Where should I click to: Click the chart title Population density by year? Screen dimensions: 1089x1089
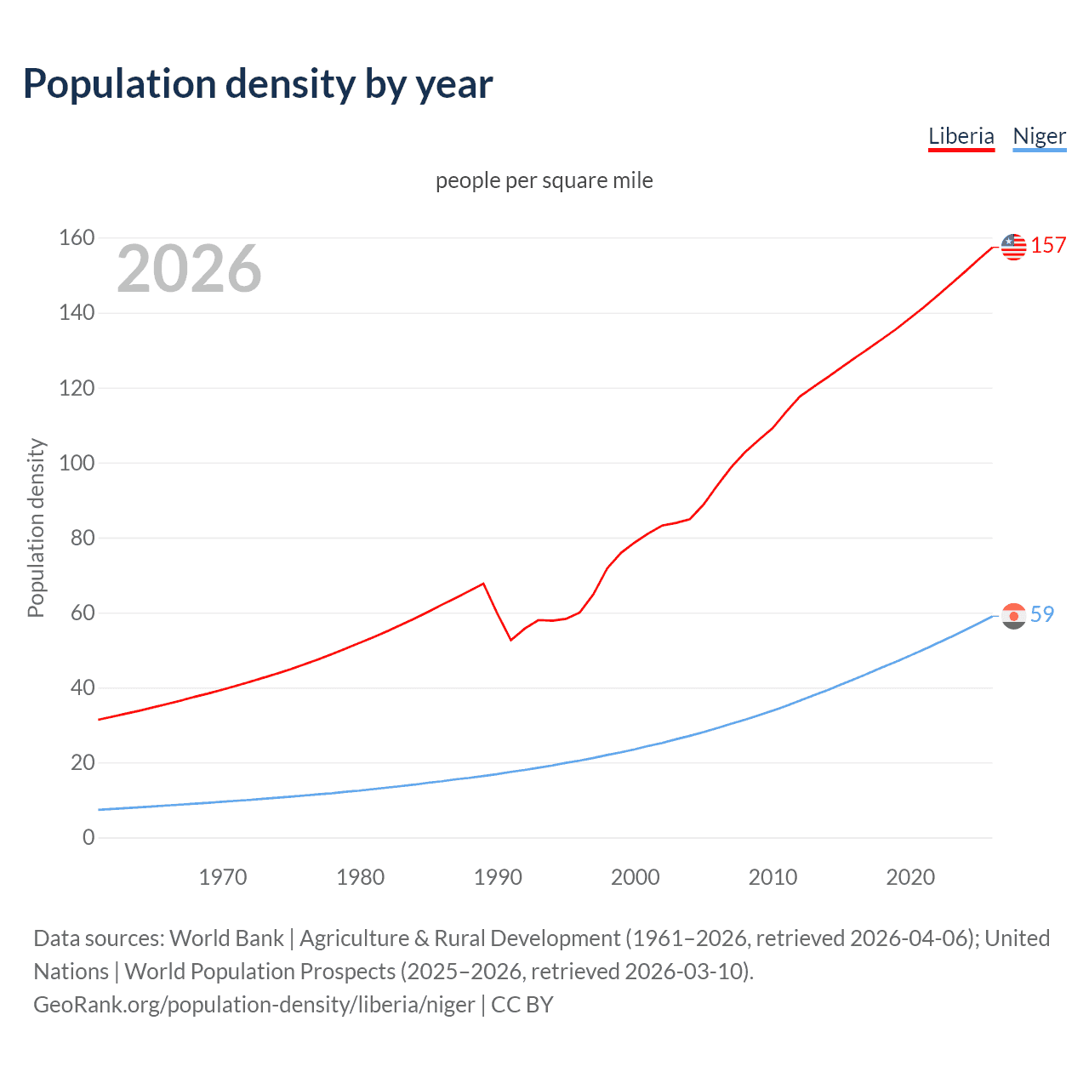pyautogui.click(x=258, y=84)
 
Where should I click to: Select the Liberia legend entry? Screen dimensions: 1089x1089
pyautogui.click(x=961, y=136)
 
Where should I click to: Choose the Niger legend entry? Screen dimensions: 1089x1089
pyautogui.click(x=1039, y=136)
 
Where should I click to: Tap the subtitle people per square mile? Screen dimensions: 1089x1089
pyautogui.click(x=544, y=180)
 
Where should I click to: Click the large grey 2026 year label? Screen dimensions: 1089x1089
pyautogui.click(x=189, y=269)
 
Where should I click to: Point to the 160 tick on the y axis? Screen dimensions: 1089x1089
pyautogui.click(x=77, y=237)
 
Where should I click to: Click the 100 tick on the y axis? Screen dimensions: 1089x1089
pyautogui.click(x=77, y=463)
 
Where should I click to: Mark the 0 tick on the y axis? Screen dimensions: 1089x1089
pyautogui.click(x=88, y=837)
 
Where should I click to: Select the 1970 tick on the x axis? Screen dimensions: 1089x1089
pyautogui.click(x=223, y=877)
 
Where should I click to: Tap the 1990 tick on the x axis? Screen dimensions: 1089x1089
pyautogui.click(x=498, y=877)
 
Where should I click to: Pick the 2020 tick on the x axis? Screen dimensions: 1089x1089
pyautogui.click(x=910, y=877)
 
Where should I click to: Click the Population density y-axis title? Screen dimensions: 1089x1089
pyautogui.click(x=36, y=527)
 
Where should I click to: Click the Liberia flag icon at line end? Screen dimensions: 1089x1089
pyautogui.click(x=1013, y=247)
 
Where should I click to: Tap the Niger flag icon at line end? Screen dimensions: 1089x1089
pyautogui.click(x=1013, y=615)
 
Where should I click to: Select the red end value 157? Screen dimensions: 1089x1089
pyautogui.click(x=1048, y=246)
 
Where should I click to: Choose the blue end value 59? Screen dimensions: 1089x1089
pyautogui.click(x=1042, y=614)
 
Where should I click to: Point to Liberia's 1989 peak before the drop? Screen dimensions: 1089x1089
pyautogui.click(x=483, y=584)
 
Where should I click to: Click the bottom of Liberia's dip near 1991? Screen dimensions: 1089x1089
pyautogui.click(x=510, y=640)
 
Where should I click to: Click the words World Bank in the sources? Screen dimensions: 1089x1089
pyautogui.click(x=226, y=938)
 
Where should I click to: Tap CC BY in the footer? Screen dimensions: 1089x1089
pyautogui.click(x=522, y=1005)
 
